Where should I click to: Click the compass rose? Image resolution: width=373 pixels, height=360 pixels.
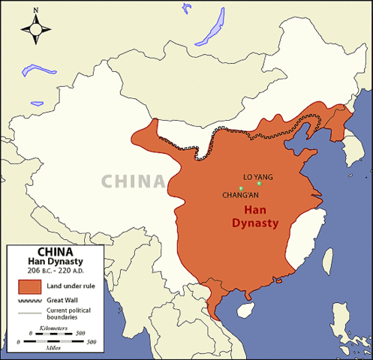pyautogui.click(x=35, y=28)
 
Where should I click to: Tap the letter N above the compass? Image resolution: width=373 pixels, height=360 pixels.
pyautogui.click(x=35, y=10)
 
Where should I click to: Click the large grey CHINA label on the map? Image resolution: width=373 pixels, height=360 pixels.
pyautogui.click(x=133, y=181)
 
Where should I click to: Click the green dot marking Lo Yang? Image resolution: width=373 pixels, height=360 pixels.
pyautogui.click(x=259, y=184)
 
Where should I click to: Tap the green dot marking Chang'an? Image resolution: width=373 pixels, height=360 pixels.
pyautogui.click(x=240, y=188)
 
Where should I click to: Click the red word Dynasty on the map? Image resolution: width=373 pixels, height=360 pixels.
pyautogui.click(x=251, y=223)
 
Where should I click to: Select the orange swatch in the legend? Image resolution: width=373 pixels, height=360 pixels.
pyautogui.click(x=29, y=286)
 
